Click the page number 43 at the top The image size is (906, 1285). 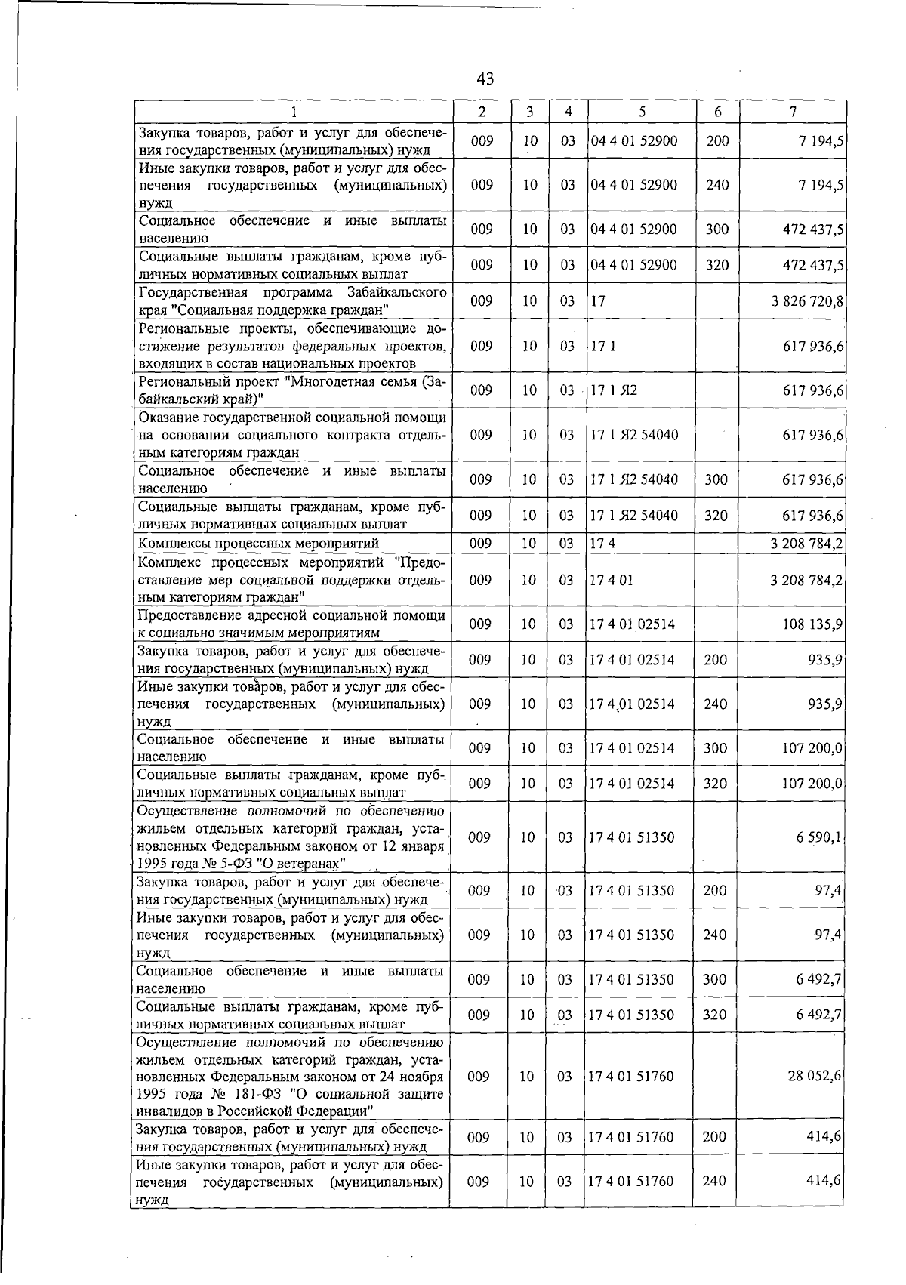(485, 79)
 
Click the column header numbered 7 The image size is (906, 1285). (793, 112)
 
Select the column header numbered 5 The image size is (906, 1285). (641, 112)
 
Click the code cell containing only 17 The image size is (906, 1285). (598, 301)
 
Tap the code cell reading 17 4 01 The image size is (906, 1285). (612, 580)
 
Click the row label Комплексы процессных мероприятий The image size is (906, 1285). (258, 544)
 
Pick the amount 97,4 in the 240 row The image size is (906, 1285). (828, 935)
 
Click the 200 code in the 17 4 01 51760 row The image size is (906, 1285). (714, 1137)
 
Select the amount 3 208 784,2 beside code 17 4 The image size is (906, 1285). (807, 544)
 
